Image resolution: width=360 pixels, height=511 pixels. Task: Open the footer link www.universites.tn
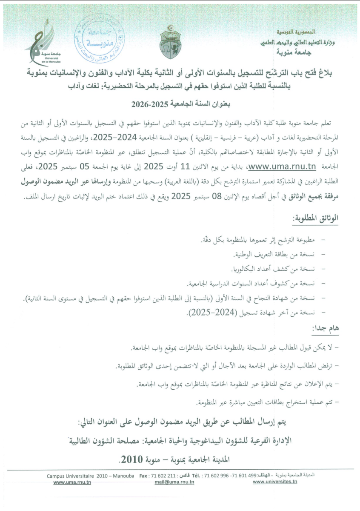[274, 482]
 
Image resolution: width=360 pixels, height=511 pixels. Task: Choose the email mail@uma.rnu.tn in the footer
[174, 482]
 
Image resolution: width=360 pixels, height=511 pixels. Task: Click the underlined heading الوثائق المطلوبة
[316, 218]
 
